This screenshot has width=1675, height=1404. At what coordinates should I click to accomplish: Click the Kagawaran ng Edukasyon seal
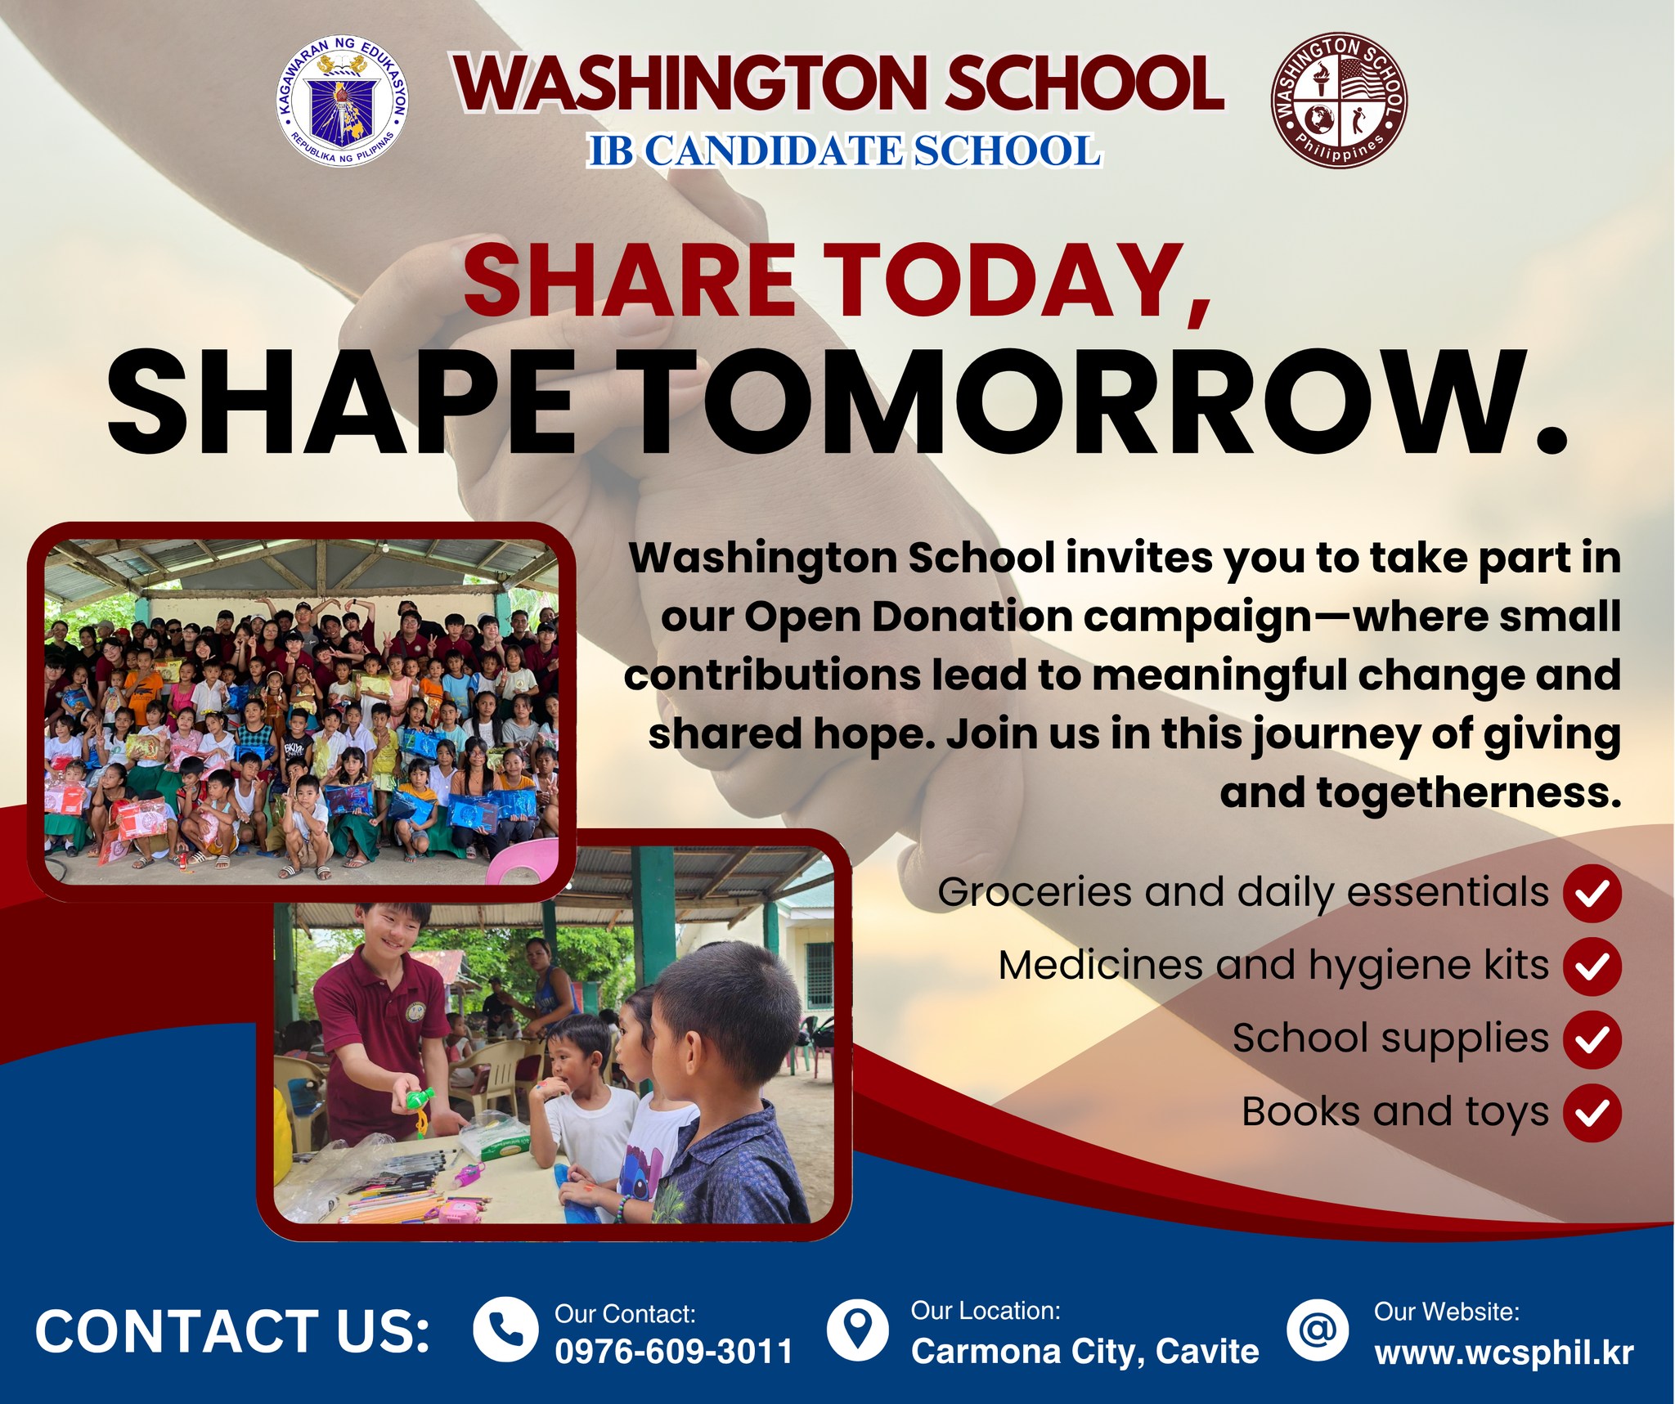click(343, 102)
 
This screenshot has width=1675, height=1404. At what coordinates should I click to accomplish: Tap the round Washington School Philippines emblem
click(1338, 101)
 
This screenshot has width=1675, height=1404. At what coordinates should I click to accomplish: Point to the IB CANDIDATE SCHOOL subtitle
click(844, 151)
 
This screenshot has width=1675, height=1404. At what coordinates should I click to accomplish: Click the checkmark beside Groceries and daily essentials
click(1592, 894)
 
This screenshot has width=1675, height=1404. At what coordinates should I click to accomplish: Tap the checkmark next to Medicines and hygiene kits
click(1592, 967)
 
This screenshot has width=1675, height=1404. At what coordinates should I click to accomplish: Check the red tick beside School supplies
click(1592, 1039)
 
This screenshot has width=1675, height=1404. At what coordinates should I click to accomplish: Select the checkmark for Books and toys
click(1592, 1112)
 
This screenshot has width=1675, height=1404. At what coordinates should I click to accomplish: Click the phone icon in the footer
click(505, 1329)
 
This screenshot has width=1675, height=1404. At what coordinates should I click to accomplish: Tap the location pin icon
click(857, 1329)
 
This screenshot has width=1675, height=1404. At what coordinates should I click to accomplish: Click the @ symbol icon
click(1318, 1329)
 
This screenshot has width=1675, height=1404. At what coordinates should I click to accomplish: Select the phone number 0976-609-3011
click(674, 1351)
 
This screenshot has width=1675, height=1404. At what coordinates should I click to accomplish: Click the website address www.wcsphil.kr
click(1503, 1352)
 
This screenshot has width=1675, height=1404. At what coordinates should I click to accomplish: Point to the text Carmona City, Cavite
click(1085, 1352)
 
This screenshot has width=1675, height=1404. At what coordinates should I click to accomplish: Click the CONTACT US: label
click(232, 1331)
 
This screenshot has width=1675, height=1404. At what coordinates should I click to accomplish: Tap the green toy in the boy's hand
click(417, 1103)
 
